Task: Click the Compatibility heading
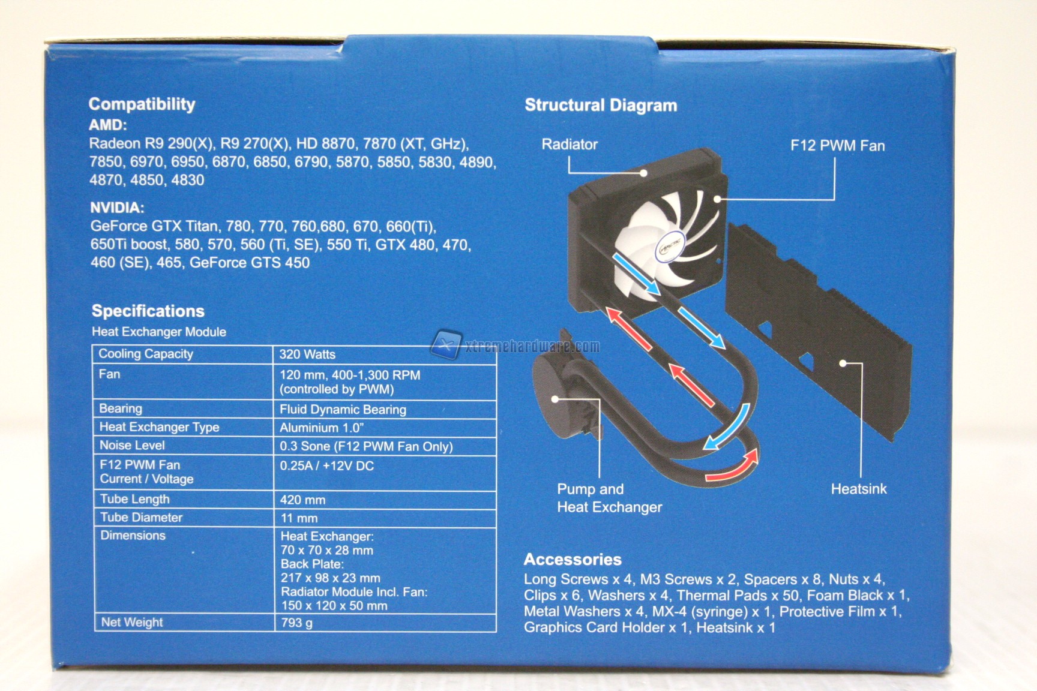tap(142, 104)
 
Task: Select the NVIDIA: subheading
tap(117, 208)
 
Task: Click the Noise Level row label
tap(132, 445)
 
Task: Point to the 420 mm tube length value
tap(302, 500)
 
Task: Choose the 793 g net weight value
tap(296, 623)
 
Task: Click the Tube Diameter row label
tap(141, 517)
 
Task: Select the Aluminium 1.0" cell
tap(322, 428)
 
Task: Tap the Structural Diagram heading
tap(601, 106)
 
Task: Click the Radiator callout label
tap(570, 145)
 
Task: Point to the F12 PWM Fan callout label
tap(837, 146)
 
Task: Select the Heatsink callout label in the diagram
tap(859, 489)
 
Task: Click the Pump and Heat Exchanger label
tap(609, 498)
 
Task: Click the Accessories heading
tap(573, 560)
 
